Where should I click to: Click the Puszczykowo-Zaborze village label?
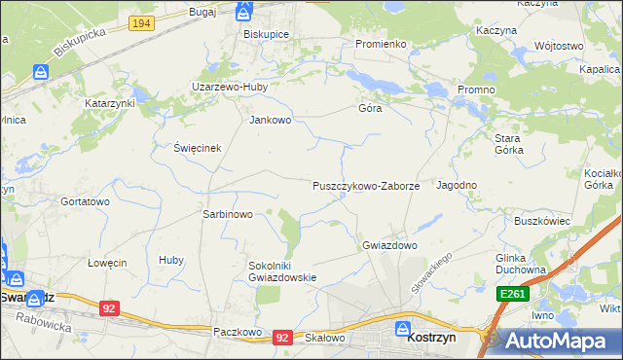click(365, 185)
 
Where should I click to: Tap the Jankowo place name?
click(271, 121)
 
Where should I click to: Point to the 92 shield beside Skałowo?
click(282, 337)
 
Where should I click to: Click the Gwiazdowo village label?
click(389, 245)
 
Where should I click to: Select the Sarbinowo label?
click(227, 214)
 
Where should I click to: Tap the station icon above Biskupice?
click(243, 12)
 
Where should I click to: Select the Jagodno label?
click(457, 185)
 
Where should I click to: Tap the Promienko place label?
click(380, 44)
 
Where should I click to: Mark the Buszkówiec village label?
click(541, 221)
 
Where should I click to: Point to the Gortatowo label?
click(84, 201)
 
